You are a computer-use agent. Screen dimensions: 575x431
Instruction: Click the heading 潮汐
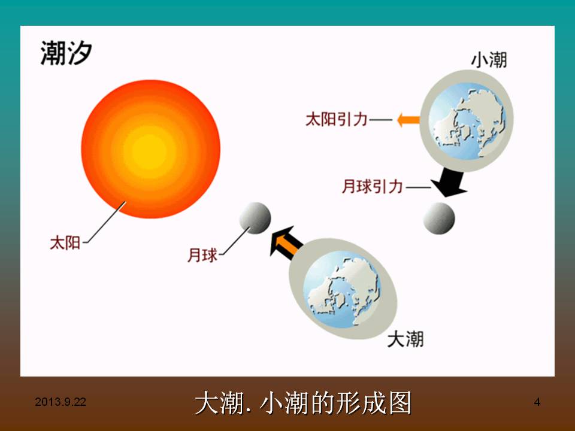(66, 53)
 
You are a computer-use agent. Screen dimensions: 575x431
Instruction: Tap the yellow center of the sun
(150, 150)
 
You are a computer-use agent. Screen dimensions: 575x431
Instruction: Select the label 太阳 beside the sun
(65, 242)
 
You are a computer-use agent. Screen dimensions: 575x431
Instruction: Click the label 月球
(202, 255)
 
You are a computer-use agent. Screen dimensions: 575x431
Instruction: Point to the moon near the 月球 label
(255, 218)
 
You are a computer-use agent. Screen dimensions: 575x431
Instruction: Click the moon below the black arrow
(439, 218)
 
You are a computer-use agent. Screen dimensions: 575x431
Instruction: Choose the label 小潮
(489, 60)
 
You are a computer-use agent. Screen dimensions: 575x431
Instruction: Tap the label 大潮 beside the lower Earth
(405, 339)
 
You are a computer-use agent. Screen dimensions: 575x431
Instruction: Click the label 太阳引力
(337, 120)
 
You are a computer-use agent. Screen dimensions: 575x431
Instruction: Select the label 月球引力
(372, 186)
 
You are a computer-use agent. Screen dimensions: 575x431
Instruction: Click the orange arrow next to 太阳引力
(408, 120)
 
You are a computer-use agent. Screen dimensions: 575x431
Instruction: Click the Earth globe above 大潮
(343, 289)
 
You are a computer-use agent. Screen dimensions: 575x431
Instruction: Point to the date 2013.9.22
(60, 402)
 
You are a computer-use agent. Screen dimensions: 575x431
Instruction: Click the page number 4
(537, 402)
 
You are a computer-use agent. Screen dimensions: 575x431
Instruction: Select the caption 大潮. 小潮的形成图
(303, 403)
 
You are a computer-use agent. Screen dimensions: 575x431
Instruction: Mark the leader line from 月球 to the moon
(235, 241)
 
